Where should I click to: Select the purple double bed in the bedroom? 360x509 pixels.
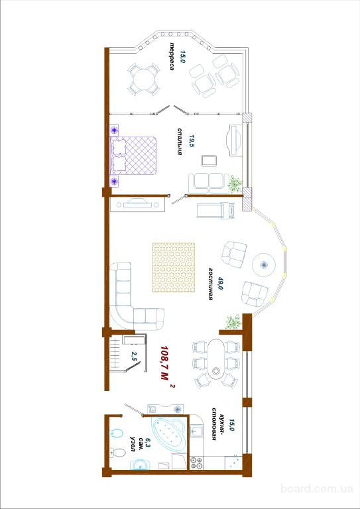click(x=133, y=156)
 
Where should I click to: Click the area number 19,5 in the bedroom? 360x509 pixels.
click(x=191, y=142)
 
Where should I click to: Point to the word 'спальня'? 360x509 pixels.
click(x=179, y=142)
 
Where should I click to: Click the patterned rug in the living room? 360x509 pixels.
click(x=174, y=267)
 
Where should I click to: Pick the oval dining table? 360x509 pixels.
click(x=215, y=359)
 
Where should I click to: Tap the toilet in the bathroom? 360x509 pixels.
click(x=118, y=452)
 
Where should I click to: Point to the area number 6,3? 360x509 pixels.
click(x=148, y=441)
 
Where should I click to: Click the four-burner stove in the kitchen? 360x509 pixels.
click(x=196, y=463)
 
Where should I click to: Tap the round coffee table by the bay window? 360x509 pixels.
click(x=264, y=264)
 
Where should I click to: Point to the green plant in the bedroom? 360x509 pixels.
click(x=235, y=184)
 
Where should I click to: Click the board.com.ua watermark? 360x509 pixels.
click(x=316, y=488)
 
